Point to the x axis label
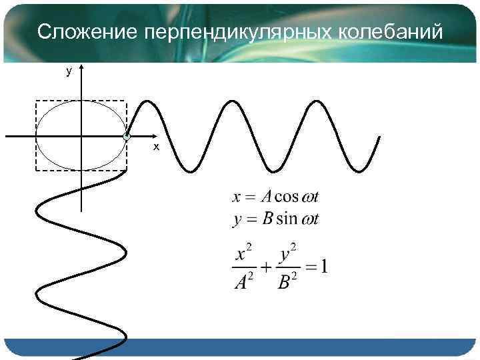(x=156, y=146)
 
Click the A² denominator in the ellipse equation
(x=244, y=282)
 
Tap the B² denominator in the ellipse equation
(x=287, y=282)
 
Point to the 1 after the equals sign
(x=324, y=267)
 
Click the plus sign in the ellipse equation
(x=265, y=267)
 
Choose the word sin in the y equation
(x=289, y=219)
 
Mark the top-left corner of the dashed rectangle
(x=36, y=100)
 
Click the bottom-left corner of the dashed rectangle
(x=36, y=171)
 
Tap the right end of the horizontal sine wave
(x=379, y=138)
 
